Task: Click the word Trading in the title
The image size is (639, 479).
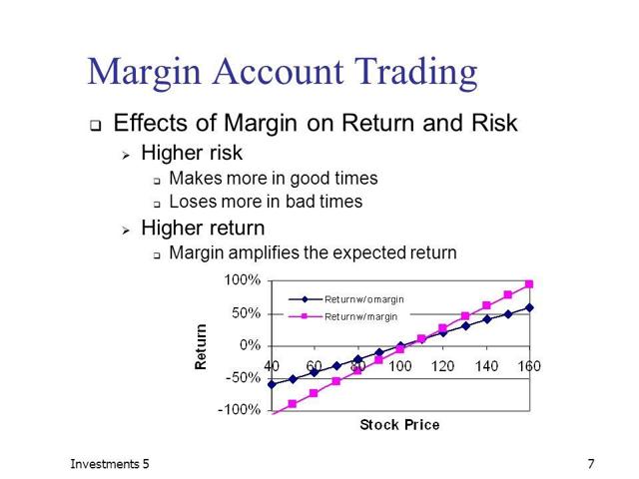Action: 415,72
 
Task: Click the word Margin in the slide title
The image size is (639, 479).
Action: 144,73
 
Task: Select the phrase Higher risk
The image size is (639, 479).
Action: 192,153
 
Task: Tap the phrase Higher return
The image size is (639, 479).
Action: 203,228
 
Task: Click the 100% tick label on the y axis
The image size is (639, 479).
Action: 242,279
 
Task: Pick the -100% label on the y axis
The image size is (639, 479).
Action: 240,409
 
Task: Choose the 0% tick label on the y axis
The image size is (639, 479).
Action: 250,345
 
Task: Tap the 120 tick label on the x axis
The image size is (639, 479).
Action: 442,366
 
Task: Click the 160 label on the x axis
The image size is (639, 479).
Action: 529,366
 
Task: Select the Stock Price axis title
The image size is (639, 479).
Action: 399,425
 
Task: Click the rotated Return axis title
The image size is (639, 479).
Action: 201,347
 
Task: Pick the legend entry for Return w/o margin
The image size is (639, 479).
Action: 346,299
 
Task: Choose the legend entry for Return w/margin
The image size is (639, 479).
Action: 342,316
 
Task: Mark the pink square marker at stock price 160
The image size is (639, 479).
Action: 529,283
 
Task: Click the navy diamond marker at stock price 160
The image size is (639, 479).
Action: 529,308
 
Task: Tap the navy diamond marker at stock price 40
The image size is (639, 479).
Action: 272,384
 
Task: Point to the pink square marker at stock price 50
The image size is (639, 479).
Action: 293,403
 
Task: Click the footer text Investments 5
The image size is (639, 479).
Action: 110,464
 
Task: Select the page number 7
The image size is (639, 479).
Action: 591,464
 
